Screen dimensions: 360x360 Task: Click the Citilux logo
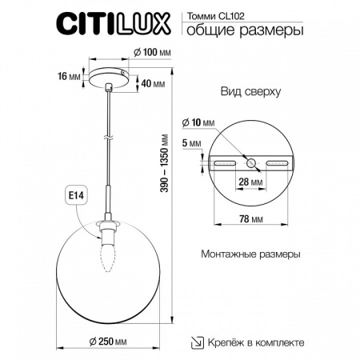[x=111, y=24]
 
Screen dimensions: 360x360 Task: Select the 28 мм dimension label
[x=253, y=183]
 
